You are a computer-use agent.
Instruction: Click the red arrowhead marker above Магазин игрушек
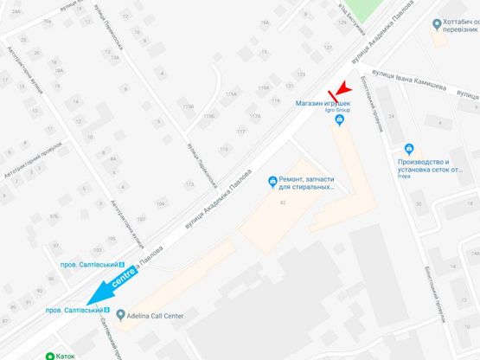(340, 88)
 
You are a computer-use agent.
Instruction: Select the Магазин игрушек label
(324, 103)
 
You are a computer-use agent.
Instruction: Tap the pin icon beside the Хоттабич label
(437, 24)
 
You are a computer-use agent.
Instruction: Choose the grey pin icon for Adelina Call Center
(122, 314)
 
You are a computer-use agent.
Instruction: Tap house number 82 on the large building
(283, 203)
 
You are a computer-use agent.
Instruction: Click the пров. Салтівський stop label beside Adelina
(76, 310)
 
